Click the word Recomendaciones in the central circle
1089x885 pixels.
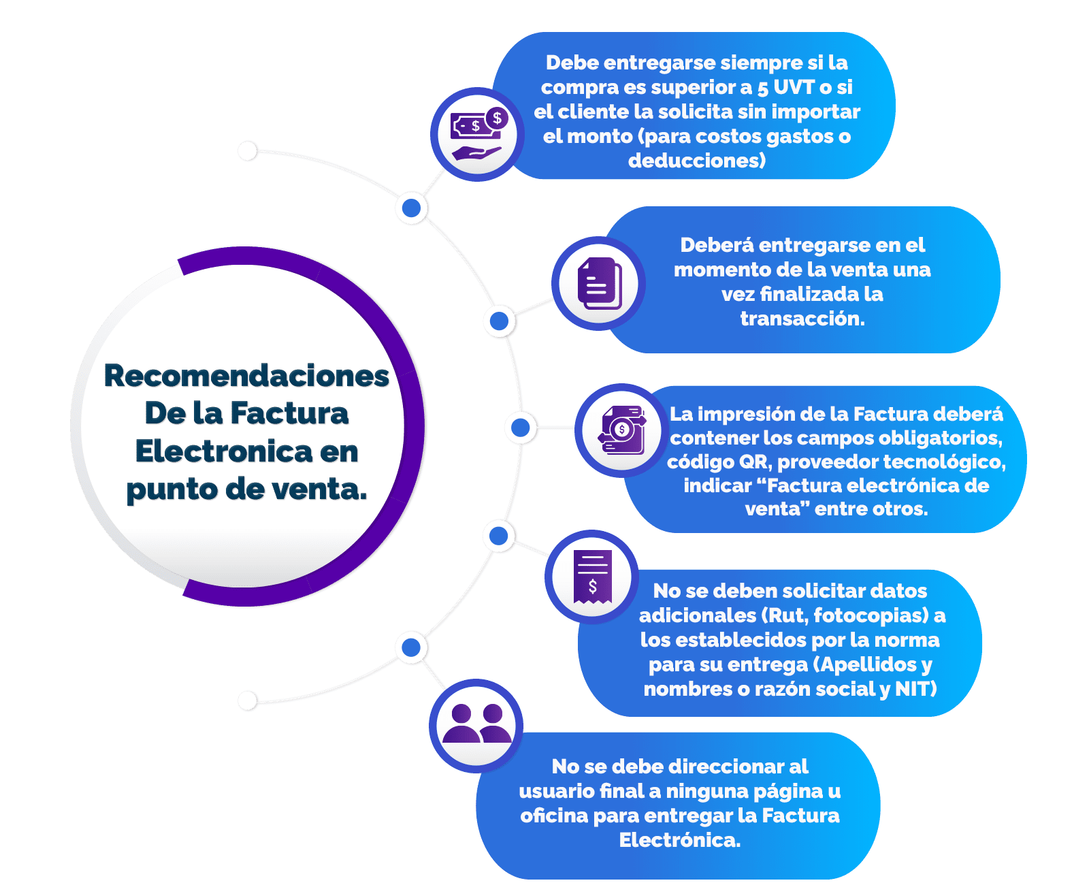pos(246,376)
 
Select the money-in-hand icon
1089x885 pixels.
pos(476,134)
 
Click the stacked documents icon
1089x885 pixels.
pos(598,283)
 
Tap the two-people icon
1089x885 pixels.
pos(476,724)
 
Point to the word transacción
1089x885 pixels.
pos(802,319)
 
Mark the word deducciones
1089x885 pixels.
pos(696,161)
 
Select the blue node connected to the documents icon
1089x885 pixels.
pos(500,321)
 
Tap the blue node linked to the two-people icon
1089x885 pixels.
pos(411,647)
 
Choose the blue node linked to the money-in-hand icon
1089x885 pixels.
pos(411,208)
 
